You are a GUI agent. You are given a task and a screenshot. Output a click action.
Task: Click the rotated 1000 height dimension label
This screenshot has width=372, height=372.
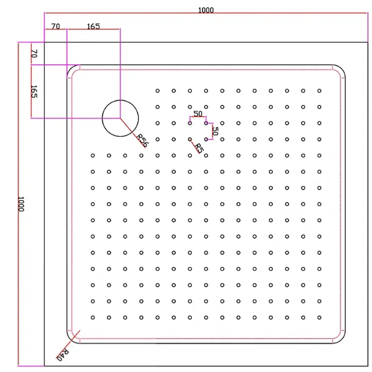[21, 204]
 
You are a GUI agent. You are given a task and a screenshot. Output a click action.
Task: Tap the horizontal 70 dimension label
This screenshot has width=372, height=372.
[55, 27]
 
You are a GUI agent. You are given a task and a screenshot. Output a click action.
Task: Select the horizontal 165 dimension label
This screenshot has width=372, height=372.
[93, 27]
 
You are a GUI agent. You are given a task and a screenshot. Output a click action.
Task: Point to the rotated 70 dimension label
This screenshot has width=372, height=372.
[33, 53]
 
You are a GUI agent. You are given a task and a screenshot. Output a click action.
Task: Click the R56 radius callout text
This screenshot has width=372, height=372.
[142, 139]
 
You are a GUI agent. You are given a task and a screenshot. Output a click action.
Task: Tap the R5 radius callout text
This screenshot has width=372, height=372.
[199, 148]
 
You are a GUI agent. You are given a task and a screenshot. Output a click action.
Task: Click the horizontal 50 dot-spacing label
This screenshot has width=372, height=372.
[198, 114]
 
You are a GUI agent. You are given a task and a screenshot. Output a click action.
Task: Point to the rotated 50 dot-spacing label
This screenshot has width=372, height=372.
[215, 131]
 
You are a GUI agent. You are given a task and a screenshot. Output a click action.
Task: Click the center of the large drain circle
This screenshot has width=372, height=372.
[120, 118]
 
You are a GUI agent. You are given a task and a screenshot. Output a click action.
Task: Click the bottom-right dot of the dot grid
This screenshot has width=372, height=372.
[319, 318]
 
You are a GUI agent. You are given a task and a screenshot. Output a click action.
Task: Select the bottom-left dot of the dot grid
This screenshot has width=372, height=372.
[93, 318]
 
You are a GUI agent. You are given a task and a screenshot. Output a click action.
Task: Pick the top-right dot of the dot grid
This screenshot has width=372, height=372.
[319, 91]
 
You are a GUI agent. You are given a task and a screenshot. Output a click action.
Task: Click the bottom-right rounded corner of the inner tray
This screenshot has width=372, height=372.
[342, 339]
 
